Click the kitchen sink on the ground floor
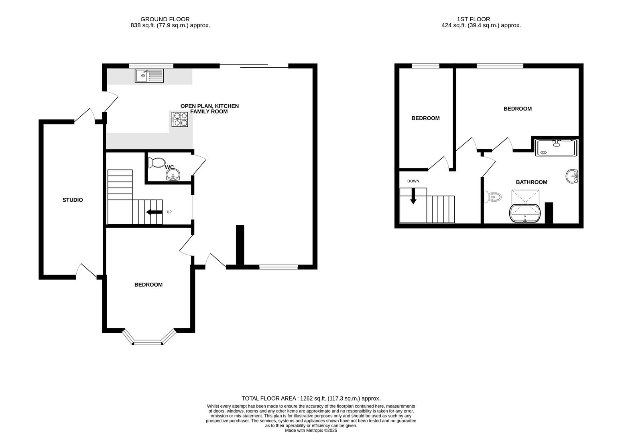[x=149, y=75]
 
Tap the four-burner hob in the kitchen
[x=180, y=119]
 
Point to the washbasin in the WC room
[x=173, y=175]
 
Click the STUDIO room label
[x=73, y=200]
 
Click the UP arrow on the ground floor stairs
[x=154, y=212]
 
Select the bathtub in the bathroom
[x=525, y=213]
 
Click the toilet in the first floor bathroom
[x=494, y=197]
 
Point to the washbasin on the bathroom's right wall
[x=572, y=176]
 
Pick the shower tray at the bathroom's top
[x=556, y=148]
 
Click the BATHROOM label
[x=531, y=182]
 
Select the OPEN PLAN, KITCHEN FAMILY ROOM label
[x=209, y=109]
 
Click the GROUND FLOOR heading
[x=165, y=19]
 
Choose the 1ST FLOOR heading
[x=473, y=19]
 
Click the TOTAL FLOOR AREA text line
[x=311, y=399]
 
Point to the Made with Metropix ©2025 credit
[x=311, y=431]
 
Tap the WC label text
[x=169, y=167]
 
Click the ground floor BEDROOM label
[x=148, y=285]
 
